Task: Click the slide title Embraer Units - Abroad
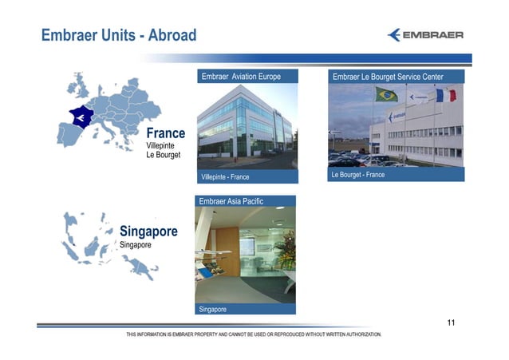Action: point(119,36)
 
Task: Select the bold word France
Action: point(165,133)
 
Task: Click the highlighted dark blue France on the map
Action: point(81,118)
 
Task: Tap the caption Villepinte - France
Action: point(226,176)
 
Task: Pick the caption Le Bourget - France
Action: point(357,175)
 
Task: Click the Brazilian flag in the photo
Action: point(386,94)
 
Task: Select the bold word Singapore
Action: point(148,231)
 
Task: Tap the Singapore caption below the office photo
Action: point(212,309)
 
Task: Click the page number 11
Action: point(452,322)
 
